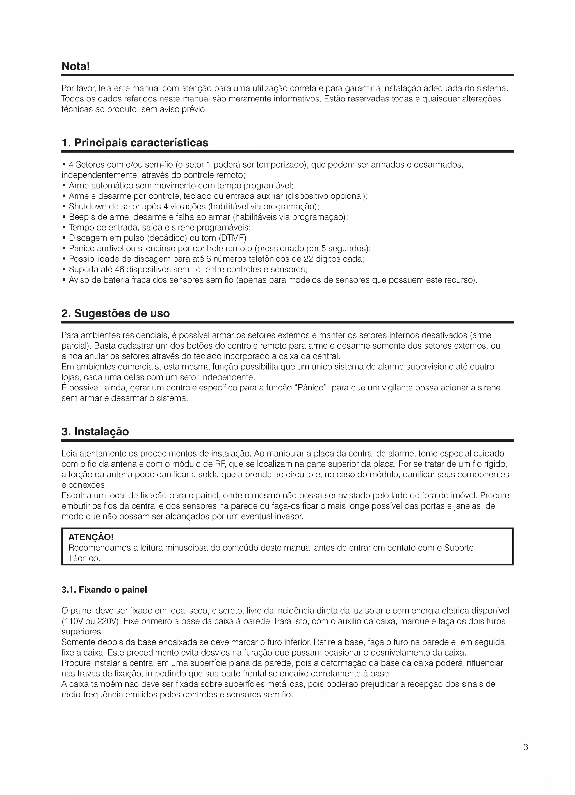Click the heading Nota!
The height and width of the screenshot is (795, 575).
(x=76, y=66)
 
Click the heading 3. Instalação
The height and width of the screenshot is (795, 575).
(x=95, y=431)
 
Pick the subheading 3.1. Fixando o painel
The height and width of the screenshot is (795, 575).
(x=104, y=590)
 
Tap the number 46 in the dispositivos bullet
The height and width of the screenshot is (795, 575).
(x=119, y=270)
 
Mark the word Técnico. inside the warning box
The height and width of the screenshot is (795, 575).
(x=85, y=558)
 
